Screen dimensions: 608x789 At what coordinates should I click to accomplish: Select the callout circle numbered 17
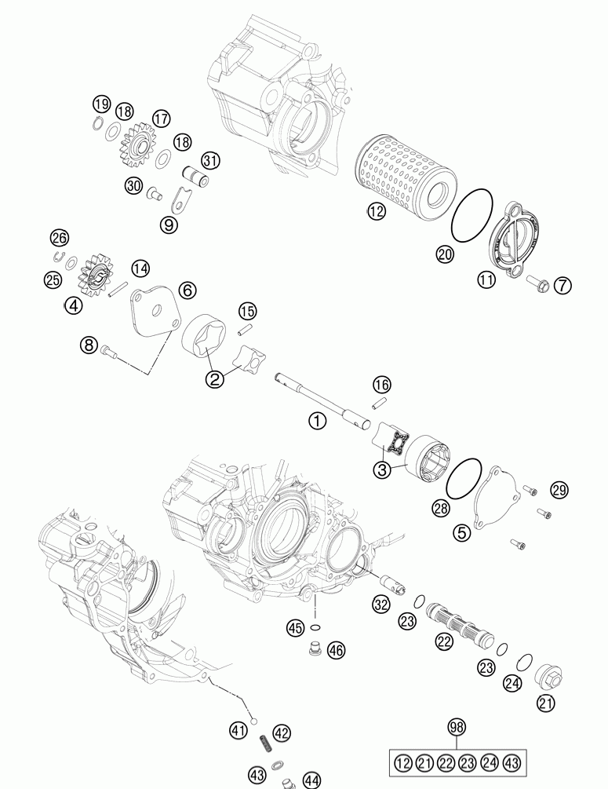click(x=162, y=119)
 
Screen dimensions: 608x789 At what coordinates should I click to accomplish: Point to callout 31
click(x=211, y=160)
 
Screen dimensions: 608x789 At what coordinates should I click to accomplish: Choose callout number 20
click(x=445, y=253)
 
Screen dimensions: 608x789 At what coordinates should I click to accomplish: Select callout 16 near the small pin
click(x=381, y=384)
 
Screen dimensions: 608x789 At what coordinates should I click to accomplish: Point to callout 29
click(x=558, y=490)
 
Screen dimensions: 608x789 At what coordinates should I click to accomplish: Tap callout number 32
click(x=381, y=604)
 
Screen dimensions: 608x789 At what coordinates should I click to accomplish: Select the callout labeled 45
click(x=295, y=627)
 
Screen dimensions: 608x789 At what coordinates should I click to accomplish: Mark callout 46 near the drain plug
click(x=336, y=649)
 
